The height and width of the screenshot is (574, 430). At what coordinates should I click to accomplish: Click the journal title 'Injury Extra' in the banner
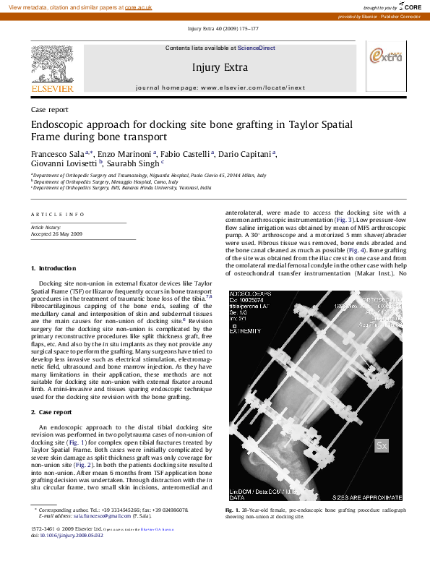(x=220, y=67)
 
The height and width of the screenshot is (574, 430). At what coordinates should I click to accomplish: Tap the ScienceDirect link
(x=257, y=48)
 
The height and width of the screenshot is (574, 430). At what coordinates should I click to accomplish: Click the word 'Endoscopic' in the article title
(x=59, y=124)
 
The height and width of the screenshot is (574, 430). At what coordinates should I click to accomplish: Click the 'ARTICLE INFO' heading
(x=57, y=215)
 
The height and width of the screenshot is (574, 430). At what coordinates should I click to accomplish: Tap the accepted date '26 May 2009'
(x=68, y=234)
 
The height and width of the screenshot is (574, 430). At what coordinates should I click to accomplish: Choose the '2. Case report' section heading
(x=51, y=411)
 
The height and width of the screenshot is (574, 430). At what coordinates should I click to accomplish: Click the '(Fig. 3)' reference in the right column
(x=343, y=219)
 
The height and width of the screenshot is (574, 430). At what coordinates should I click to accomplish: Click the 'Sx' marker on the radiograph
(x=382, y=446)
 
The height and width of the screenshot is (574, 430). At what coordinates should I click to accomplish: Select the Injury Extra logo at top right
(x=386, y=57)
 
